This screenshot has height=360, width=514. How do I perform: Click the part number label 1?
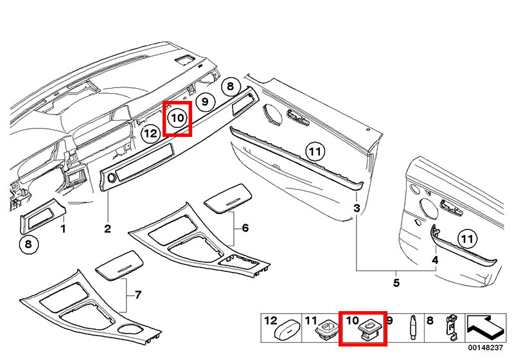64,229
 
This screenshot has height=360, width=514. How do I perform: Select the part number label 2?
108,229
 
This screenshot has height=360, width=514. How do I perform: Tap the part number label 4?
434,260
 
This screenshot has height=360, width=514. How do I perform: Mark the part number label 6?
245,229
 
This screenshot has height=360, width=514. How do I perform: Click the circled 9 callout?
204,102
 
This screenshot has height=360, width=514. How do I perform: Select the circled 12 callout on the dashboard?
150,134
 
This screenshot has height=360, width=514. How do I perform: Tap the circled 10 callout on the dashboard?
177,118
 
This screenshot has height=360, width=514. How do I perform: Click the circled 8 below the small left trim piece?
28,244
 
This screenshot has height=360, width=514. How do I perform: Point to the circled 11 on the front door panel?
313,152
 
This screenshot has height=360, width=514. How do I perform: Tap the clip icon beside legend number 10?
371,329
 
